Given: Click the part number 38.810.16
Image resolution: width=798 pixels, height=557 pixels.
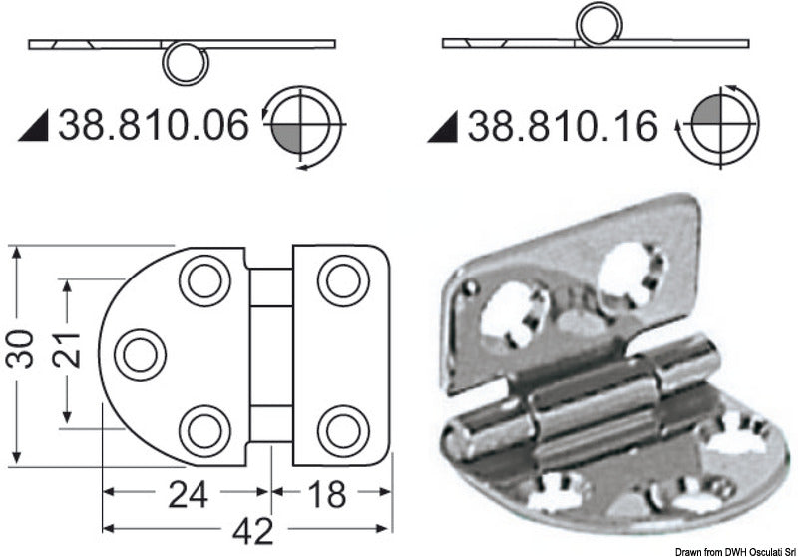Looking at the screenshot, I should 565,127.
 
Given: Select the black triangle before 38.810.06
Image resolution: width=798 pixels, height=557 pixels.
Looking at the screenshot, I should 37,127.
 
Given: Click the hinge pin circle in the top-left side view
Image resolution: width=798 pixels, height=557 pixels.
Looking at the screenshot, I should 184,66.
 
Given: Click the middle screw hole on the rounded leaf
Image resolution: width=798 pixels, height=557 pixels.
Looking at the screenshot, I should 139,353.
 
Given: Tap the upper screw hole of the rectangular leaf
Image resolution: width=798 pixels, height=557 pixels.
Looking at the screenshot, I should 342,279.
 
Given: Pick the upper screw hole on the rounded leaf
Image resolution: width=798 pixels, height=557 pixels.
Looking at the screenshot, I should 204,279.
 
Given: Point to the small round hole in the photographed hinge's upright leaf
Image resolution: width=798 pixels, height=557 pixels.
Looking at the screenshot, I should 467,287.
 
